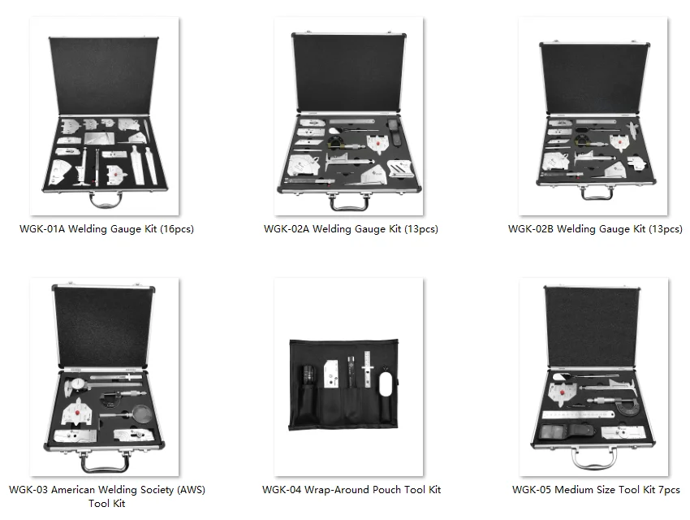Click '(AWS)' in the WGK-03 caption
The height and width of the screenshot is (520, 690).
186,490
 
